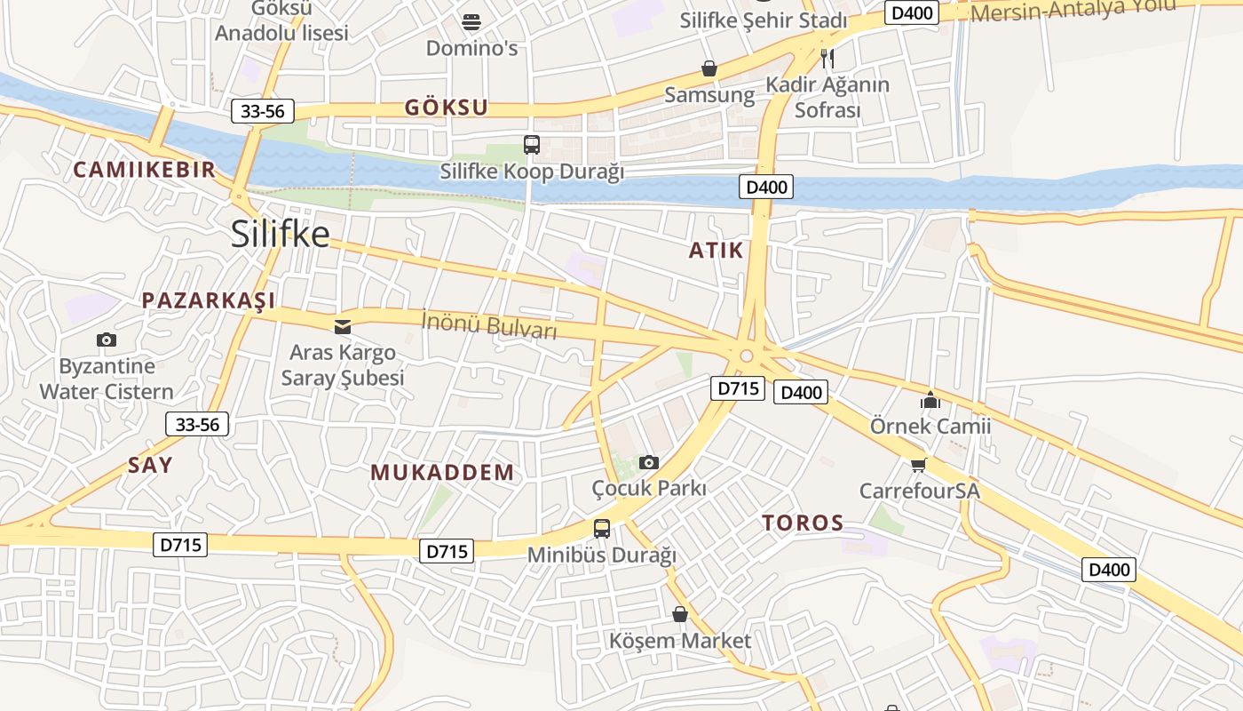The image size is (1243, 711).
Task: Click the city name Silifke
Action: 280,235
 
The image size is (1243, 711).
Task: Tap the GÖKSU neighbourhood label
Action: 447,108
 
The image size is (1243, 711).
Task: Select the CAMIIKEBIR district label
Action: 144,170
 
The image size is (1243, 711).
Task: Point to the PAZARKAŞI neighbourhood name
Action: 209,300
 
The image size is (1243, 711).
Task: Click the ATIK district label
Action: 716,251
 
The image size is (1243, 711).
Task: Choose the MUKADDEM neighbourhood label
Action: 442,472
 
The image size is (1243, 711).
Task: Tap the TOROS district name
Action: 803,523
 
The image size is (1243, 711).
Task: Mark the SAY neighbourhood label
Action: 150,465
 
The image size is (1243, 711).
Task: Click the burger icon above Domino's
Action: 471,22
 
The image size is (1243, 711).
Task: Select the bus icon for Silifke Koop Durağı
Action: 532,145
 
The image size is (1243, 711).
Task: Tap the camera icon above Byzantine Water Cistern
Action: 107,340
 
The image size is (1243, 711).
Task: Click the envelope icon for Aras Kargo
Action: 343,327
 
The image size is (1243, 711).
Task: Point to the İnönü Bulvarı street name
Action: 489,324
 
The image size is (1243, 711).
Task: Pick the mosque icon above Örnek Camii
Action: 930,400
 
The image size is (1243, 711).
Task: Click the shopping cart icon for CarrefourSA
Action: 919,465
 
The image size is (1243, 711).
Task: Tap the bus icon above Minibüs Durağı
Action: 602,529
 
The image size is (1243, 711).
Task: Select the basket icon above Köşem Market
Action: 680,614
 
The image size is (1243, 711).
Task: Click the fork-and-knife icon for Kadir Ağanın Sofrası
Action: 827,59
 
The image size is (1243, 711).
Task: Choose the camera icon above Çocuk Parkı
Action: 649,462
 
